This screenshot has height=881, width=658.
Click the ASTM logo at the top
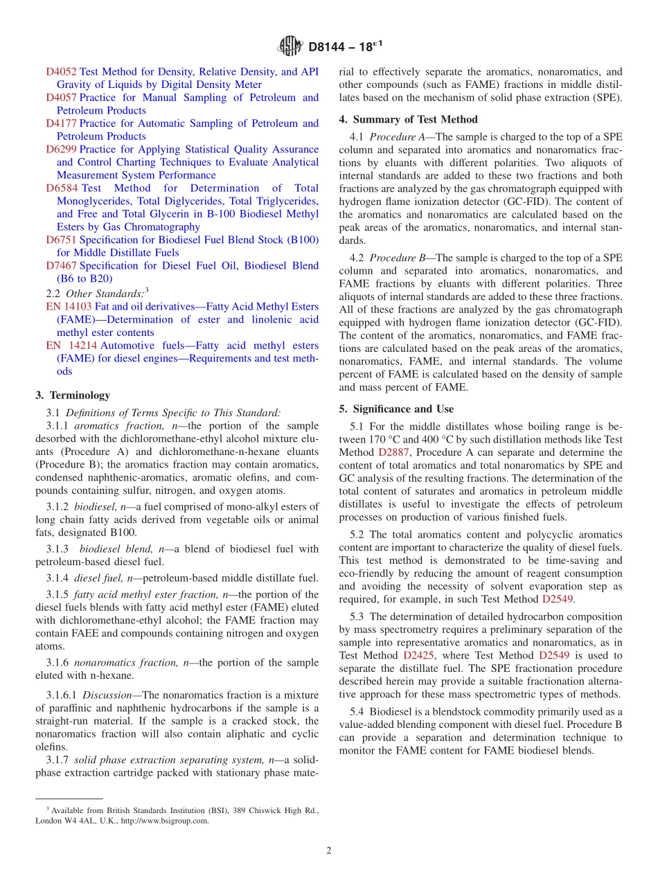pyautogui.click(x=290, y=46)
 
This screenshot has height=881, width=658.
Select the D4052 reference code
pyautogui.click(x=61, y=71)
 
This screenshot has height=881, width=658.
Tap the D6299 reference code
pyautogui.click(x=61, y=149)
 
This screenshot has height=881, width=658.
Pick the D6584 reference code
pyautogui.click(x=61, y=188)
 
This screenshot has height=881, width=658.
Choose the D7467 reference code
pyautogui.click(x=61, y=265)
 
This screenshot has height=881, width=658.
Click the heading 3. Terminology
pyautogui.click(x=73, y=395)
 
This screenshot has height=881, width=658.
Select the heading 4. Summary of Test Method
pyautogui.click(x=408, y=119)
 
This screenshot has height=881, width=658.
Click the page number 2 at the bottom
pyautogui.click(x=329, y=851)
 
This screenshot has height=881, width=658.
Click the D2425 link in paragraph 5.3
pyautogui.click(x=418, y=655)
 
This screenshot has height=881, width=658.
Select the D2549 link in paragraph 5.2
pyautogui.click(x=558, y=599)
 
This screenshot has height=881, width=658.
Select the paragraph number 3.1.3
pyautogui.click(x=57, y=549)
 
